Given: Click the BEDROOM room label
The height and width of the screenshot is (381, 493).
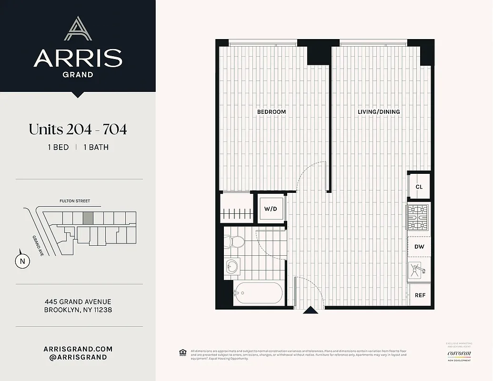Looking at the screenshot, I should click(272, 112).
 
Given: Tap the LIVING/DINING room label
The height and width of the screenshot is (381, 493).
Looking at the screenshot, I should click(379, 112).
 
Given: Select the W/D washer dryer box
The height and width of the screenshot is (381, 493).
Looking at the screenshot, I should click(271, 209).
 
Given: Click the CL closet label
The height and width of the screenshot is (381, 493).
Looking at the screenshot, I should click(419, 187).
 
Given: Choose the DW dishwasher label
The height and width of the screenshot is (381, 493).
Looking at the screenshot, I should click(419, 247).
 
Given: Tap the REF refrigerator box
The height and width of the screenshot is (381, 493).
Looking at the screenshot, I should click(420, 295).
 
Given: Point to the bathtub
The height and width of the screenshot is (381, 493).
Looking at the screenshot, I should click(257, 292).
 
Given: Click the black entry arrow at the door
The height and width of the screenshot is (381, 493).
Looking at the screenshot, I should click(311, 311).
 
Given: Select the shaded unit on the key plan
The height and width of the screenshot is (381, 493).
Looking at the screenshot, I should click(88, 218).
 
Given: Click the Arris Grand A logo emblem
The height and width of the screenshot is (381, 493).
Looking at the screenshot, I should click(78, 29).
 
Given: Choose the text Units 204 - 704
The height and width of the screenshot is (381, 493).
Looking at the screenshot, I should click(78, 129).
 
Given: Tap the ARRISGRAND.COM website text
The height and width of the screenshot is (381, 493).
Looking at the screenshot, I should click(78, 349).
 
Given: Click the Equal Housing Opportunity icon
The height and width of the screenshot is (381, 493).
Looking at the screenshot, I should click(182, 353).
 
